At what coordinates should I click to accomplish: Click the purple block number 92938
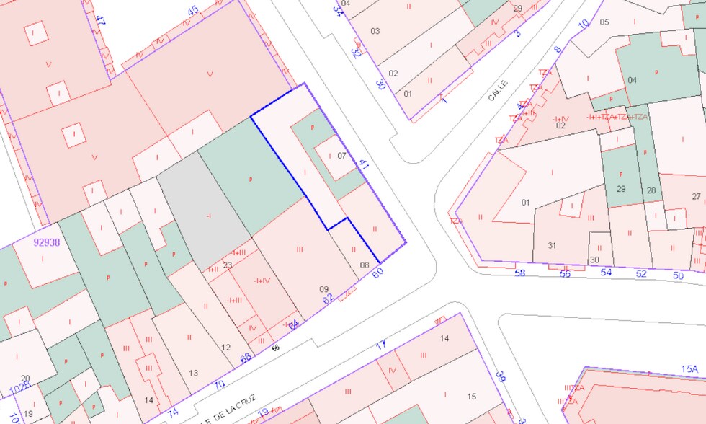coord(46,242)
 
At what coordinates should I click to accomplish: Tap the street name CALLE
coord(498,90)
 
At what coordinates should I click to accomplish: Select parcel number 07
coord(341,155)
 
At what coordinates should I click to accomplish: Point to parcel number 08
coord(365,265)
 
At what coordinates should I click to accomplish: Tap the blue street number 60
coord(377,273)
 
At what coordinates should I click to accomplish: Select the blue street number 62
coord(328,298)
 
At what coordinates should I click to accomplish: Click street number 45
coord(192,11)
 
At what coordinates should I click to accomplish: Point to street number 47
coord(100,21)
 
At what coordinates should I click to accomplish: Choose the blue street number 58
coord(521,273)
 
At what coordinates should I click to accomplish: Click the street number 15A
coord(689,369)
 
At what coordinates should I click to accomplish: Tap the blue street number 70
coord(219,385)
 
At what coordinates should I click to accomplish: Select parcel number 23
coord(227,265)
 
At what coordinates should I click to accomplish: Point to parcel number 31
coord(552,245)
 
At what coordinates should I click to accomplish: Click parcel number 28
coord(651,190)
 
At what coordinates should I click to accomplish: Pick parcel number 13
coord(193,372)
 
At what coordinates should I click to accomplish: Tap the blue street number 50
coord(678,275)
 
